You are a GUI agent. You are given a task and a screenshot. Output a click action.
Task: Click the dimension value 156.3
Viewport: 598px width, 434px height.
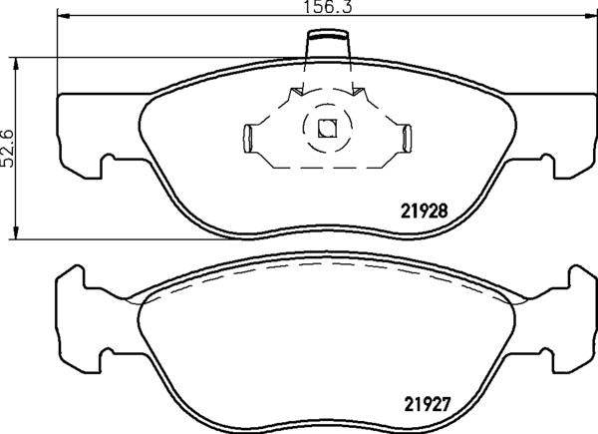(x=326, y=6)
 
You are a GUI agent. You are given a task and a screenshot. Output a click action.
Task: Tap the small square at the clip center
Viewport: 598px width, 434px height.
(x=325, y=128)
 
